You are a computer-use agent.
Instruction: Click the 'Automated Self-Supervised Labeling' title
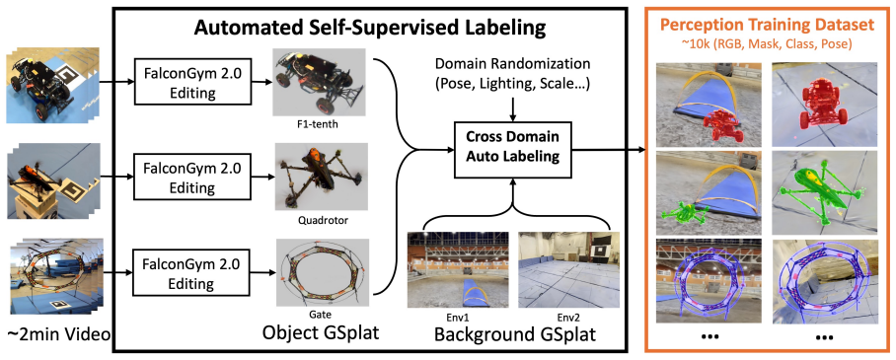click(370, 28)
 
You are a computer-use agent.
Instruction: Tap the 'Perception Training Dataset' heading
click(768, 25)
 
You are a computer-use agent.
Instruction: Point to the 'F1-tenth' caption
click(320, 120)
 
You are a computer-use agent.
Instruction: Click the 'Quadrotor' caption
click(320, 218)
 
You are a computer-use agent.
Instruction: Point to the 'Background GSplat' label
click(515, 333)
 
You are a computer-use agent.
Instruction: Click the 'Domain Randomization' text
click(513, 62)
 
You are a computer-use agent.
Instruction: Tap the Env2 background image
click(564, 269)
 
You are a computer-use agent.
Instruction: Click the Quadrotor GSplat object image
click(320, 178)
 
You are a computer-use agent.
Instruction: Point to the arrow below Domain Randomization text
click(514, 108)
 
